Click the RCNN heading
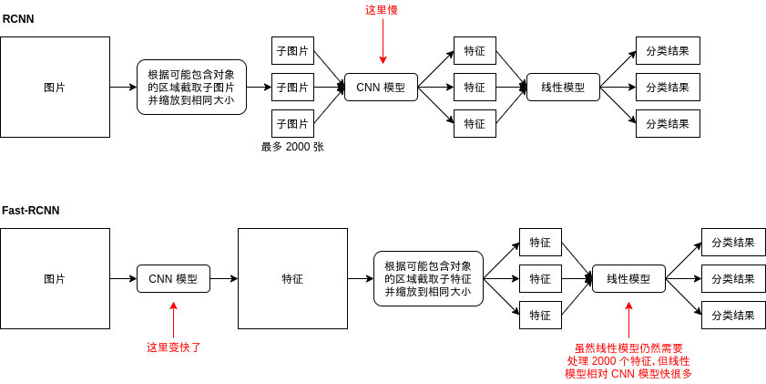click(17, 18)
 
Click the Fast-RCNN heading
click(30, 210)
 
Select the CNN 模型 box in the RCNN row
click(381, 88)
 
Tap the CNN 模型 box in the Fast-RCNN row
click(173, 279)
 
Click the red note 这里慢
click(382, 10)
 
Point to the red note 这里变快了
click(173, 348)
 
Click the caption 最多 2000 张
click(292, 147)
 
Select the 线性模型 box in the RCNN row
click(563, 88)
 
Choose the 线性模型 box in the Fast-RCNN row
click(628, 279)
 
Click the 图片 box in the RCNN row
click(55, 88)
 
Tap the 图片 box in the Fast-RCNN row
click(55, 279)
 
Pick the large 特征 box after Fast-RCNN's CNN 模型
click(292, 279)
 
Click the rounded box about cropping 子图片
click(191, 88)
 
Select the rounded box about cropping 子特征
click(428, 279)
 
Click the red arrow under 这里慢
click(383, 41)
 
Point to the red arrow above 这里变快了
click(173, 319)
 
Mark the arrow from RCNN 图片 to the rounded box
click(123, 88)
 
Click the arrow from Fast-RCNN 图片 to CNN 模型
click(123, 279)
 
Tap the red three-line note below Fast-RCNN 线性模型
click(628, 361)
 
